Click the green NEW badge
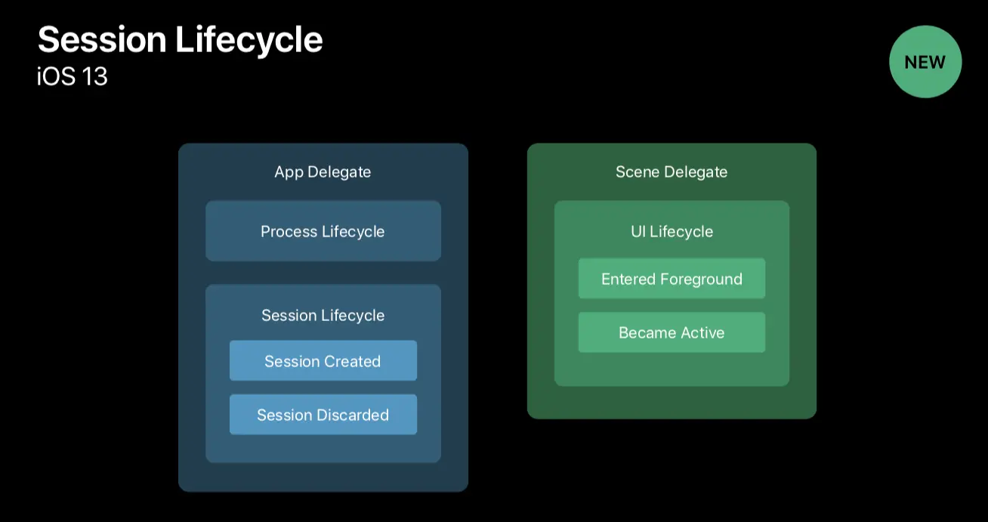click(925, 62)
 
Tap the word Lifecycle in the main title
click(249, 41)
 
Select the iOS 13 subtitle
click(73, 76)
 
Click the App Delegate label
click(323, 172)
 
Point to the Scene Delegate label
click(672, 172)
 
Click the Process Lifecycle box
click(323, 231)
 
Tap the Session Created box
click(323, 361)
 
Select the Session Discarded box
click(323, 415)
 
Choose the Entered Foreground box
click(672, 279)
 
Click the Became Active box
click(672, 332)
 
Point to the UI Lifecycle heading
click(672, 231)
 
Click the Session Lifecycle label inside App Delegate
click(323, 315)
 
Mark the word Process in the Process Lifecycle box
click(288, 231)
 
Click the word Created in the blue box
click(352, 361)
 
